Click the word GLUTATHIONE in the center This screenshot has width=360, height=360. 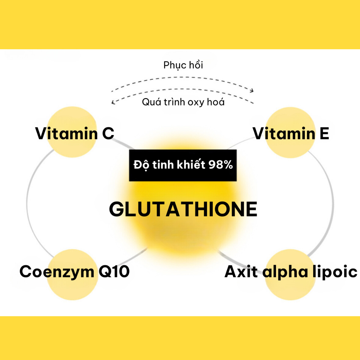[x=183, y=210]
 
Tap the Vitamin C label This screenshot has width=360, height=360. [x=75, y=134]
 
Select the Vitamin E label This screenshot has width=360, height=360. [x=291, y=134]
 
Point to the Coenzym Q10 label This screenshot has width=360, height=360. [x=75, y=272]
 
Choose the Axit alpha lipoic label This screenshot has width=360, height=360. [x=291, y=272]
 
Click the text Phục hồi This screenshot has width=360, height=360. [x=183, y=65]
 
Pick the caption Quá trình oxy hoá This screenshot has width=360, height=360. [x=183, y=102]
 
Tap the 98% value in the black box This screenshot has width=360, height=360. [x=220, y=165]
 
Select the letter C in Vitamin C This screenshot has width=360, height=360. [x=107, y=134]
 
